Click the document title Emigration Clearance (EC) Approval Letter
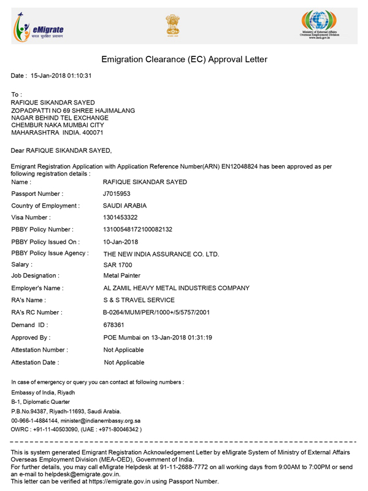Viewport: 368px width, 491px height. click(184, 60)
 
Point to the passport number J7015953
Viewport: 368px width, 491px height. click(117, 194)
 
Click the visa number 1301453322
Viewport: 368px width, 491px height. click(121, 217)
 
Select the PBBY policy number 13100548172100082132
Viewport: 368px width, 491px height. click(137, 230)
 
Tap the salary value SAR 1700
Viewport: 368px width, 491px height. click(118, 265)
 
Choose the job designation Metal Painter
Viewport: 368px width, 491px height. click(122, 276)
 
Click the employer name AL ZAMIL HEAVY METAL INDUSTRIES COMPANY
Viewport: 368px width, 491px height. click(177, 288)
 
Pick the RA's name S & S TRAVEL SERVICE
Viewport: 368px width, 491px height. click(139, 300)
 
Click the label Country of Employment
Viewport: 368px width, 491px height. click(45, 206)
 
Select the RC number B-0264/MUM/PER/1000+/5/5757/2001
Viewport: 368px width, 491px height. click(157, 312)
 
